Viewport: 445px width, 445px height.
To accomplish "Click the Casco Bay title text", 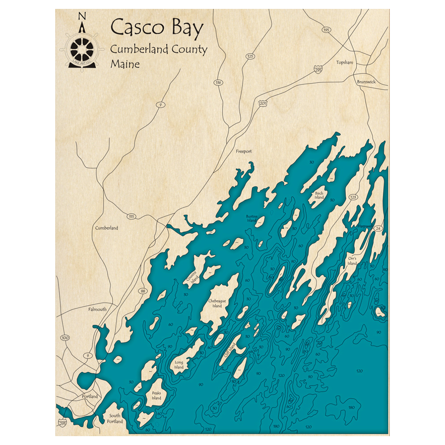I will pos(157,28).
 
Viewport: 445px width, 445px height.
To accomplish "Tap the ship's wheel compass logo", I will pos(81,49).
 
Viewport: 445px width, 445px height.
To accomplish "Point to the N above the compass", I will pos(81,16).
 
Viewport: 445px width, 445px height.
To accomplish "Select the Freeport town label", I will pos(243,151).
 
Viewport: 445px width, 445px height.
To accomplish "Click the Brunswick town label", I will pos(366,82).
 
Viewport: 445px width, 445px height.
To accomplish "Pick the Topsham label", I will pos(344,63).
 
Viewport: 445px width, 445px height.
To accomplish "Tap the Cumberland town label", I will pos(107,228).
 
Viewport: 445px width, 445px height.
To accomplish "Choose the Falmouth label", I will pos(97,309).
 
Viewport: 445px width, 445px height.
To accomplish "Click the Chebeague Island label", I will pos(217,303).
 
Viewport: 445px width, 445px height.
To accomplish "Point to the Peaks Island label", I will pos(156,396).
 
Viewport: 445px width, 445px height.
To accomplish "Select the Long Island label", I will pos(179,364).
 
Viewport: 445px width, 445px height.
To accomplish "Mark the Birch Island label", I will pos(319,195).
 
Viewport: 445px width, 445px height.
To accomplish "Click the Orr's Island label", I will pos(352,261).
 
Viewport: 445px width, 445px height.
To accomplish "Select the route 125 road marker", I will pos(250,57).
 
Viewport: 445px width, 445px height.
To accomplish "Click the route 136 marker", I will pos(218,83).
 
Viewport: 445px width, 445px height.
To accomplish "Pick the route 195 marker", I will pos(327,30).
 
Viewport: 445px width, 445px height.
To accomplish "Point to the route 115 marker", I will pos(131,216).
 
